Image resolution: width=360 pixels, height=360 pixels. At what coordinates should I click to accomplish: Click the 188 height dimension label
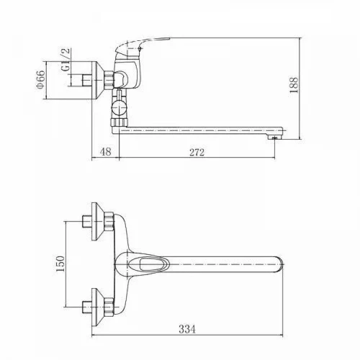(294, 85)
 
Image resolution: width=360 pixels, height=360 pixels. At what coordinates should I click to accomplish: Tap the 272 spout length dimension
(197, 152)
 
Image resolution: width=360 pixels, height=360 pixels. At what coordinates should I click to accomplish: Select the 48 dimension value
(106, 152)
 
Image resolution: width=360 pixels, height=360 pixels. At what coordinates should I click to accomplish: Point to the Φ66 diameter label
(40, 80)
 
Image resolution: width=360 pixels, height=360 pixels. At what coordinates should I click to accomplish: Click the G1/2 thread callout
(66, 60)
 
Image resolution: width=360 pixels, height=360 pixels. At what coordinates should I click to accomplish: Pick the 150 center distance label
(60, 264)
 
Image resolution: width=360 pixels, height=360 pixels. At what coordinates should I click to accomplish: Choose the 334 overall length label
(187, 329)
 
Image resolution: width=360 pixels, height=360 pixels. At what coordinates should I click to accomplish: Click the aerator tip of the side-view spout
(274, 138)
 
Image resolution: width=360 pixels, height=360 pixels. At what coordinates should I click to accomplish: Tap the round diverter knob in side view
(119, 108)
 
